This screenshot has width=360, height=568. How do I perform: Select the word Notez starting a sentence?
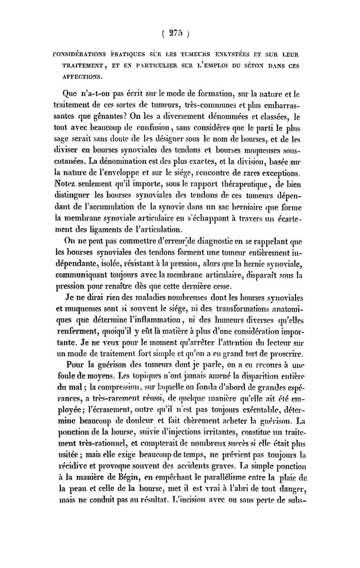[x=69, y=183]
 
